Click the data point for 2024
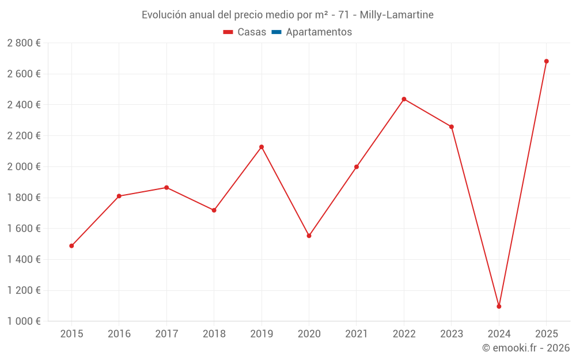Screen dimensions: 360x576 pyautogui.click(x=499, y=306)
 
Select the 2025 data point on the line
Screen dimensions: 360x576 pyautogui.click(x=546, y=61)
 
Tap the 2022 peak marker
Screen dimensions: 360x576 pyautogui.click(x=404, y=99)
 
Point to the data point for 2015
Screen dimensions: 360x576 pyautogui.click(x=71, y=246)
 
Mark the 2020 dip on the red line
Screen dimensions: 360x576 pyautogui.click(x=309, y=236)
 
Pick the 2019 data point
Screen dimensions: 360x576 pyautogui.click(x=262, y=147)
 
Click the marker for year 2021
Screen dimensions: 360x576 pyautogui.click(x=357, y=167)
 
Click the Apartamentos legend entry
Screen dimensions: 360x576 pyautogui.click(x=319, y=32)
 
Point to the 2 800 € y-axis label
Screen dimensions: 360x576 pyautogui.click(x=24, y=43)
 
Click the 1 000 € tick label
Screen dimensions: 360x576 pyautogui.click(x=24, y=321)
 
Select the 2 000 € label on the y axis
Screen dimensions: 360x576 pyautogui.click(x=24, y=166)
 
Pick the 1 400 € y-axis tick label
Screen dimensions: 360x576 pyautogui.click(x=24, y=260)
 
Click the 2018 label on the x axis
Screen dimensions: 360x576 pyautogui.click(x=214, y=334)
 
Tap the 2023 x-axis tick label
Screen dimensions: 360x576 pyautogui.click(x=451, y=334)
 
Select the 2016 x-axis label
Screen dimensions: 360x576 pyautogui.click(x=119, y=334)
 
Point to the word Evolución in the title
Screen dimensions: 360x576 pyautogui.click(x=164, y=15)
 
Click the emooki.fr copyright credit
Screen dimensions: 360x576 pyautogui.click(x=526, y=348)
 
